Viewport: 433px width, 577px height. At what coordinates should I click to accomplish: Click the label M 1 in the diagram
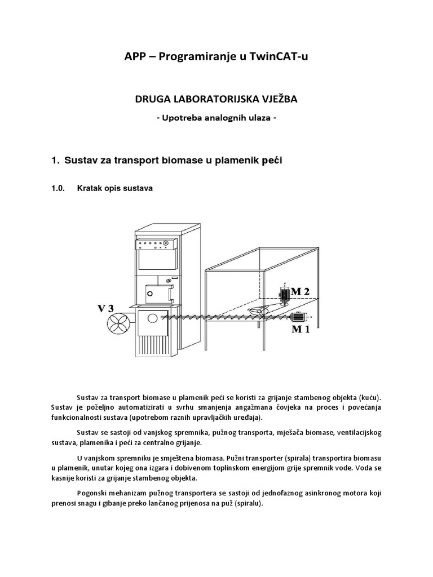click(x=299, y=329)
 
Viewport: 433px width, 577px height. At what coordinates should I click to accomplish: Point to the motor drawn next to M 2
click(x=285, y=292)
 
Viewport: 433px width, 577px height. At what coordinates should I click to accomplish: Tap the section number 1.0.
click(x=59, y=189)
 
